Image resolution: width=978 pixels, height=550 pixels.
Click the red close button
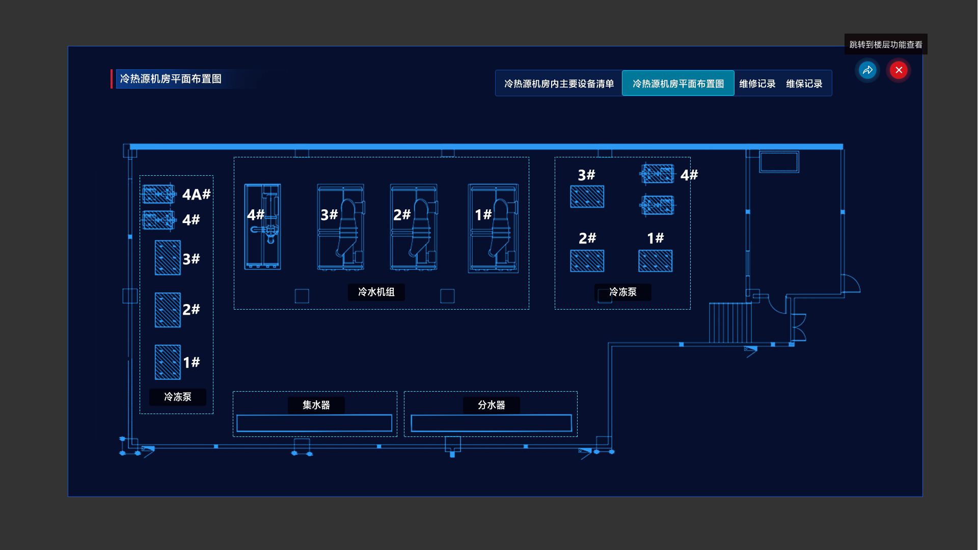[899, 70]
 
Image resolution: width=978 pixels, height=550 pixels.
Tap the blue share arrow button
[867, 70]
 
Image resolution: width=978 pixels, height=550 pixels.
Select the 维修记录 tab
[757, 84]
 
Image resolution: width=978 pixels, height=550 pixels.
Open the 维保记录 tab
[804, 84]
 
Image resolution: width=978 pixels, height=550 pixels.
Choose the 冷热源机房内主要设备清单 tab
[559, 84]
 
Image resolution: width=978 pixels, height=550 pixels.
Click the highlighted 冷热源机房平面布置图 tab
[678, 84]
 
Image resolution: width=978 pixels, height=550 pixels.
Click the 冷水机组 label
[376, 292]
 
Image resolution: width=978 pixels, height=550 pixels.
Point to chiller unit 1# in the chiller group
[493, 228]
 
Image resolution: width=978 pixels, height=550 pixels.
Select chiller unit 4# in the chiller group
[263, 227]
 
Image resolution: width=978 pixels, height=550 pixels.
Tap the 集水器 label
[316, 405]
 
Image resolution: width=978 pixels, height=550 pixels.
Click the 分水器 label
[491, 405]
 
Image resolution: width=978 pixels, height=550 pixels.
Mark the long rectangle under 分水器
[491, 423]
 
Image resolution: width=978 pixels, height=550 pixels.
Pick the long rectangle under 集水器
[314, 423]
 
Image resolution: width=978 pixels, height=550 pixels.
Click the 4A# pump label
[196, 195]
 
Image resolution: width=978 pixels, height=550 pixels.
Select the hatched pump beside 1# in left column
[168, 362]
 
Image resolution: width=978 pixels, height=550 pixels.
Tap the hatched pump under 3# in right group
[587, 197]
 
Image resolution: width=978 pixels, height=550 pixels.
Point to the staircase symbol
[730, 323]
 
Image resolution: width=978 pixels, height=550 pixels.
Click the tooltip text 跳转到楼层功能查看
[885, 45]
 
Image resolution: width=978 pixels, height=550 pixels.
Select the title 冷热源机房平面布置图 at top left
[171, 79]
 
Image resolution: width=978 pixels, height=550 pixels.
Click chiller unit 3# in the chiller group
[341, 227]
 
